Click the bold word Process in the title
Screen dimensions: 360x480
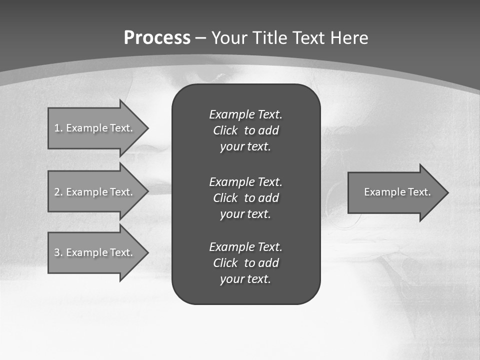coord(157,38)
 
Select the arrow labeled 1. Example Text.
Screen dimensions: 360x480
coord(94,128)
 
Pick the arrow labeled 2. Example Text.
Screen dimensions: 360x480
coord(94,192)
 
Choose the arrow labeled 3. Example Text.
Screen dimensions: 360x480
coord(94,252)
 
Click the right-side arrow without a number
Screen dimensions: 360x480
coord(395,192)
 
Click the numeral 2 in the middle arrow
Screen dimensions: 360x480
coord(57,192)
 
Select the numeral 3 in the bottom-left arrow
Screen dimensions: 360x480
coord(57,252)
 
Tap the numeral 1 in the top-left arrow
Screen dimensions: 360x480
coord(57,128)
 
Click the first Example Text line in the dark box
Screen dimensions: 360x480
coord(245,114)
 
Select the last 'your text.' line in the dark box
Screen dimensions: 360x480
coord(245,279)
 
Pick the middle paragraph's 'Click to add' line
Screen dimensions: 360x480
coord(245,198)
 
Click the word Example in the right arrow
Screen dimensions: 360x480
coord(381,192)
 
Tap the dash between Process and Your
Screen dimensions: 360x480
coord(201,38)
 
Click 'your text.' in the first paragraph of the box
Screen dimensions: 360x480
coord(245,146)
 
